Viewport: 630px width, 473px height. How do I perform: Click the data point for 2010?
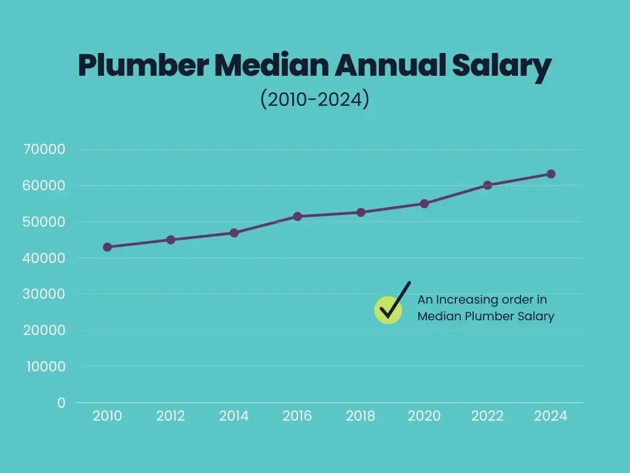[x=108, y=247]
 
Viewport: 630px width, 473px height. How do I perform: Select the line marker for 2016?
[x=297, y=216]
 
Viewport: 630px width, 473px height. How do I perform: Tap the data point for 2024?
[x=551, y=174]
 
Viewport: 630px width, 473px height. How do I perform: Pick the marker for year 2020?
[x=424, y=203]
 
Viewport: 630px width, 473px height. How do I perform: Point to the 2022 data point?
[x=488, y=185]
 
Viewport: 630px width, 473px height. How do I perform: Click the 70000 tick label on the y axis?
[x=44, y=149]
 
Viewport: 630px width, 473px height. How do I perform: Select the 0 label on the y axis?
[x=61, y=403]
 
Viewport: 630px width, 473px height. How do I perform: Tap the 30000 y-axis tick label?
[x=44, y=294]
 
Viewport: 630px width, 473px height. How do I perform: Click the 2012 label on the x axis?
[x=170, y=416]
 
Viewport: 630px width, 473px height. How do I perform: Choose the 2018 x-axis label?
[x=361, y=416]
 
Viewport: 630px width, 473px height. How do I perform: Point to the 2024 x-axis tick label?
[x=551, y=416]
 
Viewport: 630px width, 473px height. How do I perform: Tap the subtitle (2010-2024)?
[x=314, y=99]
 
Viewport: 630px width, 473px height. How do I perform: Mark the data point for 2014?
[x=234, y=233]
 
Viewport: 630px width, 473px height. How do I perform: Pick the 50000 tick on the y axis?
[x=44, y=222]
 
